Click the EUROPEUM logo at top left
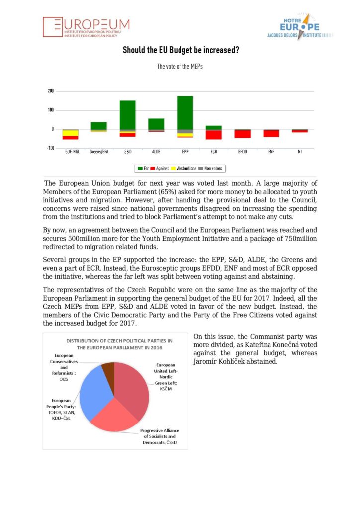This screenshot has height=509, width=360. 86,27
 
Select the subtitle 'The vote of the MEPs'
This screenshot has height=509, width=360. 180,66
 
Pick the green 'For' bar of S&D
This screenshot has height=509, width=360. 127,115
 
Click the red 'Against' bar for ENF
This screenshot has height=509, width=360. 271,133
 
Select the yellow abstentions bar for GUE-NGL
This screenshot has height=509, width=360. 70,133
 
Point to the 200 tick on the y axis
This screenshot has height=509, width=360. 51,91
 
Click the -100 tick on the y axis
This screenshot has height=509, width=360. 50,148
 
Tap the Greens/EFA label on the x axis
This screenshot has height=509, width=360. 98,151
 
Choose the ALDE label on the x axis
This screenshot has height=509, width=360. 156,151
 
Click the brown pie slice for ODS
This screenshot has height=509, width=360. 108,369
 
